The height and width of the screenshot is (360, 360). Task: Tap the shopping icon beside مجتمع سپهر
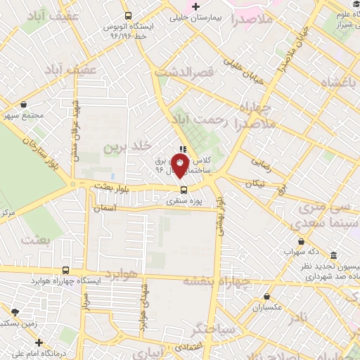(25, 104)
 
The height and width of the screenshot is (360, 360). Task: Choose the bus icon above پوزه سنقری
(184, 189)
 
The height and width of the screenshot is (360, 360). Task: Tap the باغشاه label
(338, 82)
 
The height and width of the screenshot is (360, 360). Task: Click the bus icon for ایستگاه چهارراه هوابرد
(66, 270)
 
